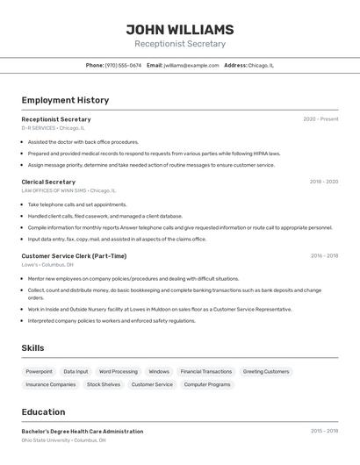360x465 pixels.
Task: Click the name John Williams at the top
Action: click(180, 30)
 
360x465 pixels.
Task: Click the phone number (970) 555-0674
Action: click(123, 65)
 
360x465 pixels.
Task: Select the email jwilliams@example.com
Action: click(191, 65)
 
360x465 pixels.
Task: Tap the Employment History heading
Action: click(65, 100)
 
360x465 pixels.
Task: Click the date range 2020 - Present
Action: click(320, 119)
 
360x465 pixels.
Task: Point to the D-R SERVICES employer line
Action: click(53, 128)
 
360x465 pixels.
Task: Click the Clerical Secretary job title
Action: click(48, 182)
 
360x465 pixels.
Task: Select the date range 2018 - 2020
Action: click(323, 182)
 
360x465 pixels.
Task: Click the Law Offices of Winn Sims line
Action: click(68, 190)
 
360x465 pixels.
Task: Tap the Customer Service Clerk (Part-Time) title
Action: click(74, 256)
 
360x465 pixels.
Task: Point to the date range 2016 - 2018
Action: click(323, 256)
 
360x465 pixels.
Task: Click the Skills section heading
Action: click(33, 348)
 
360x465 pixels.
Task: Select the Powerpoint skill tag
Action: click(39, 371)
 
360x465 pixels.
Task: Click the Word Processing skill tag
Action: click(119, 371)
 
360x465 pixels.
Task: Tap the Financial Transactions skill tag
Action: click(206, 371)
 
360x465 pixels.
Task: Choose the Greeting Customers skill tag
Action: click(266, 371)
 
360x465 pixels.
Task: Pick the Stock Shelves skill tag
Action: click(104, 384)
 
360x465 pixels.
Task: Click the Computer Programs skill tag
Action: click(207, 384)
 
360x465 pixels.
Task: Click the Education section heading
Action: click(44, 412)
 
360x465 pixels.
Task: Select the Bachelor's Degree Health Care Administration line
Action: click(83, 432)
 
